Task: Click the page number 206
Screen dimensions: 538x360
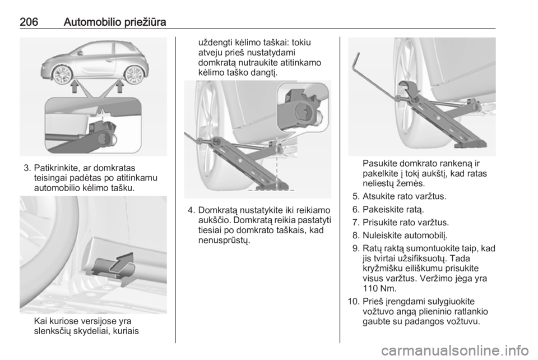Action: [x=29, y=22]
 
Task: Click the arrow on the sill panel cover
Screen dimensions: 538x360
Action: [x=123, y=262]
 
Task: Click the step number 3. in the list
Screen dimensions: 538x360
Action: [x=28, y=168]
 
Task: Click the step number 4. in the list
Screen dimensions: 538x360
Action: [x=192, y=210]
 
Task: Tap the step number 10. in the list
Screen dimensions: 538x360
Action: [x=353, y=302]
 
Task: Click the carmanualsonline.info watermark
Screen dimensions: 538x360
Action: [x=453, y=350]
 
